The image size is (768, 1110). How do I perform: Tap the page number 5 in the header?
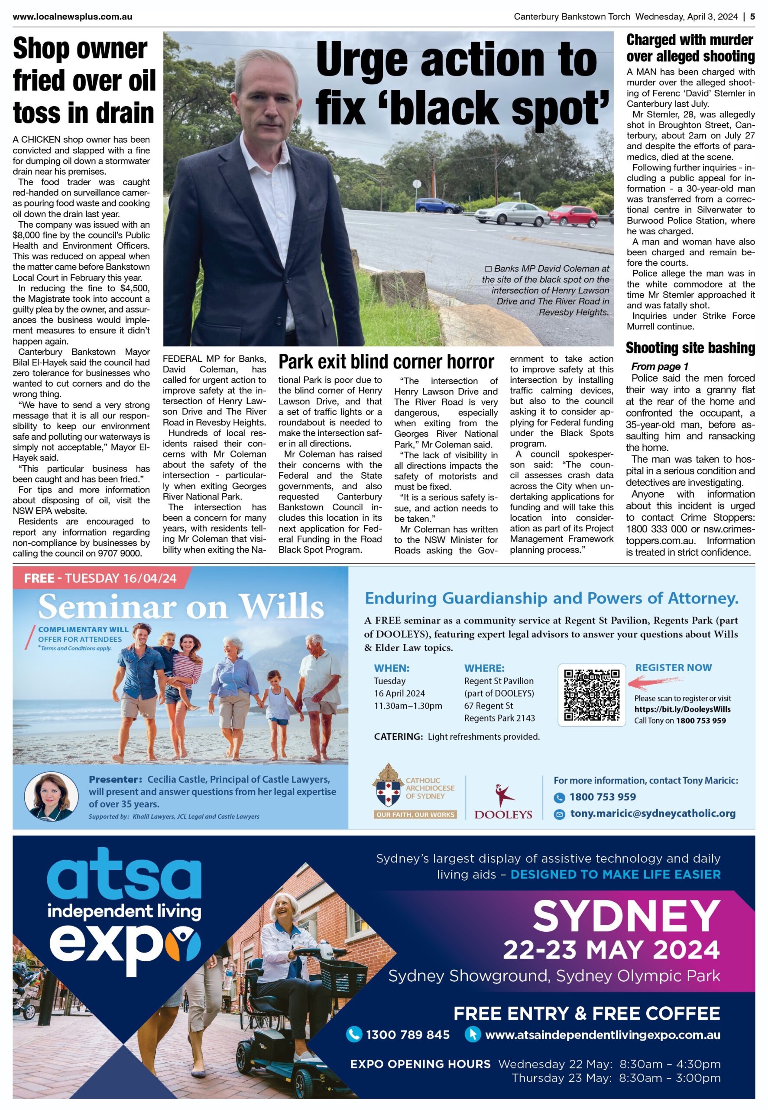pyautogui.click(x=752, y=17)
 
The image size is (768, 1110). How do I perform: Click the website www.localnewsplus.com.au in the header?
pyautogui.click(x=73, y=17)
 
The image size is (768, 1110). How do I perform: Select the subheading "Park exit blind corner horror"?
pyautogui.click(x=386, y=361)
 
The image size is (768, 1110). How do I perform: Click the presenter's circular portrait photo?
pyautogui.click(x=51, y=797)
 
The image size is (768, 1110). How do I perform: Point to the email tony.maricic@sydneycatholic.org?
pyautogui.click(x=652, y=813)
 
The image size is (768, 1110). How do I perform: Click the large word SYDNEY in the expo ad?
pyautogui.click(x=626, y=917)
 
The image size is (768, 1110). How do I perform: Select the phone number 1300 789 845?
pyautogui.click(x=408, y=1035)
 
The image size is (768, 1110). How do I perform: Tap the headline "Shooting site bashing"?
pyautogui.click(x=690, y=348)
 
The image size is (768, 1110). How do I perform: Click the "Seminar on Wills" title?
pyautogui.click(x=181, y=606)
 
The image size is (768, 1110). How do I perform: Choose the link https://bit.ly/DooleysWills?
pyautogui.click(x=682, y=709)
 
